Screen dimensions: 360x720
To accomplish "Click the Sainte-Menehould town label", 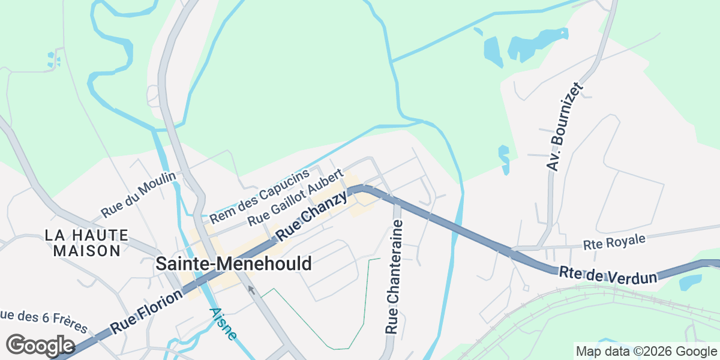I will [233, 263].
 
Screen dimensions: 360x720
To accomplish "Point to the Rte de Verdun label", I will [608, 275].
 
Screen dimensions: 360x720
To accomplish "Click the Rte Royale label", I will [614, 242].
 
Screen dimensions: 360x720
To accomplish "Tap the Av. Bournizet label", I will [566, 127].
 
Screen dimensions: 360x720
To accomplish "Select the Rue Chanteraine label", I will [393, 277].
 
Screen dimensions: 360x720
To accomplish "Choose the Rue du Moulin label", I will [139, 195].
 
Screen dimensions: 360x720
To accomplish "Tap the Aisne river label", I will [223, 324].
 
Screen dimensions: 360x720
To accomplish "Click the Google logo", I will [40, 346].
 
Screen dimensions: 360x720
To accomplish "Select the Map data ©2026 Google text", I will [646, 352].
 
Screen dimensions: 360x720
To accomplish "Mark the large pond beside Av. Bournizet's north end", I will [531, 46].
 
